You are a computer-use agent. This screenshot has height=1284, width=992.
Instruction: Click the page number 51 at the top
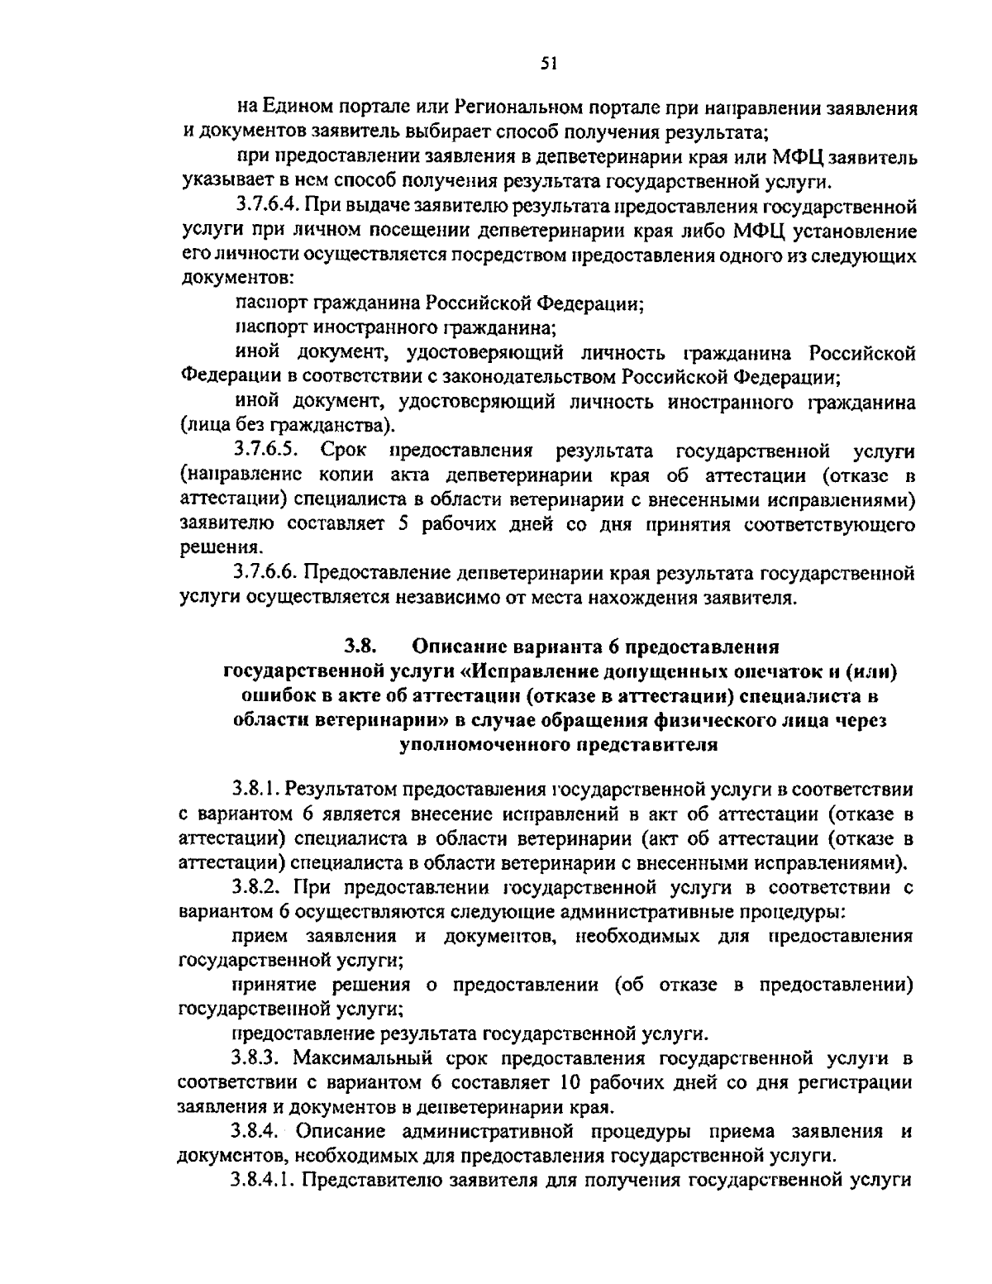(546, 62)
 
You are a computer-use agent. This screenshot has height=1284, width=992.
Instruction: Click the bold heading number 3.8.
(360, 646)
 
